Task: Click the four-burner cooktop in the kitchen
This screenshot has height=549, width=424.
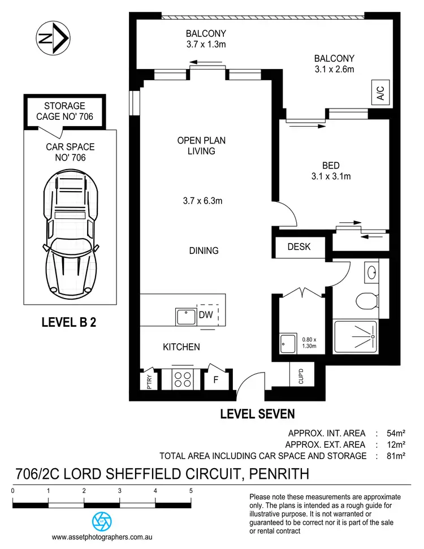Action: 182,379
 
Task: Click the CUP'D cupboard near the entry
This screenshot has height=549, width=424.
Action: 298,374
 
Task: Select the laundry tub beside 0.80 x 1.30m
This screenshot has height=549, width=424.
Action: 286,342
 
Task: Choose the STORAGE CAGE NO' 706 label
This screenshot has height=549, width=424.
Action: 64,111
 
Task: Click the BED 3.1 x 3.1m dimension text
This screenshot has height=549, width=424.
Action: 331,176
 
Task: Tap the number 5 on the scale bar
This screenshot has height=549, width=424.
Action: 191,491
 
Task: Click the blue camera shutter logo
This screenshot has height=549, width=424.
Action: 102,520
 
